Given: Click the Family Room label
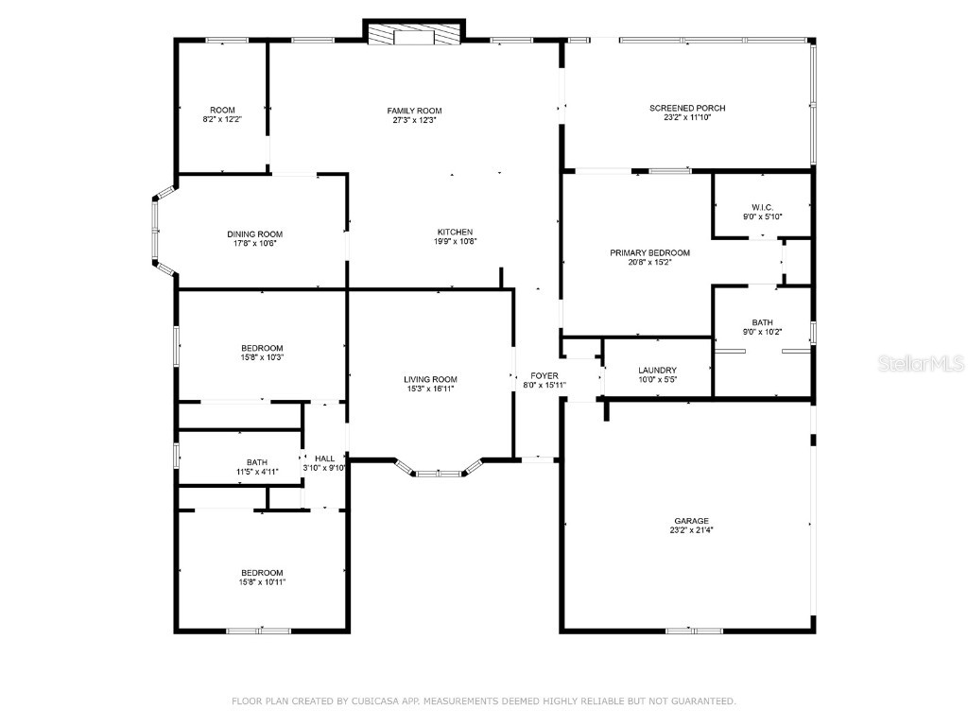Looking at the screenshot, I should pos(414,111).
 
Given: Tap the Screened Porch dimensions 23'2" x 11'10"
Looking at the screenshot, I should pos(687,118).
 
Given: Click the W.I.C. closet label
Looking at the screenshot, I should pos(762,207).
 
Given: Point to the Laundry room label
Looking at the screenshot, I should pos(657,371).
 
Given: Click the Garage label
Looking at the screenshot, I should pos(691,521).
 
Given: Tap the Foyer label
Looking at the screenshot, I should pos(544,375).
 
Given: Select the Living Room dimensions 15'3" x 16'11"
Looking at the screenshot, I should pos(431,389).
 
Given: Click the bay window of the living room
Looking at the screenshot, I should pos(440,470).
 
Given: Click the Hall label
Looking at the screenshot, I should pos(324,458).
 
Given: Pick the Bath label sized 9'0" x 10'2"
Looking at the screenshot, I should pos(762,322).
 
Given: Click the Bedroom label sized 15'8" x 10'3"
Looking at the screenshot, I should pos(261,348).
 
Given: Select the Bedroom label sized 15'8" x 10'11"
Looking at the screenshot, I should pos(261,573).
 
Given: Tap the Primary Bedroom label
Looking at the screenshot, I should pos(649,252).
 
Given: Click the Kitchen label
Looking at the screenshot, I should pos(455,232).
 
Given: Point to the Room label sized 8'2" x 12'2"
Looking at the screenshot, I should pos(222,110).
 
